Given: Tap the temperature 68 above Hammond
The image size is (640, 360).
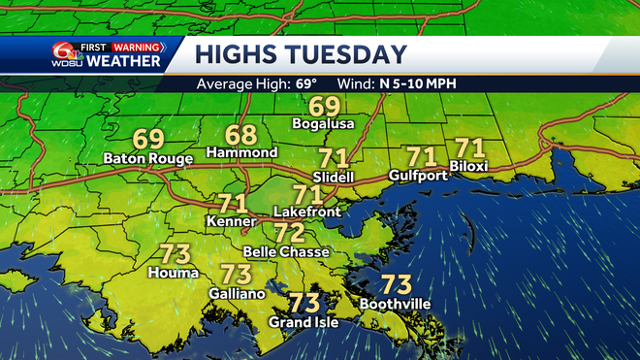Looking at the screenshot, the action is (x=242, y=135).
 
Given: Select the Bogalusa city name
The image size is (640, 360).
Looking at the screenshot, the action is (x=324, y=124).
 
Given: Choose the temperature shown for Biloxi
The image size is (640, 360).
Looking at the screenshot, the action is (x=469, y=148).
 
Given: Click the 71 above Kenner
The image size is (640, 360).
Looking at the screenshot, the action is (x=232, y=205).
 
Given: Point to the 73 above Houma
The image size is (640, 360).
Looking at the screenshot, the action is (x=173, y=254).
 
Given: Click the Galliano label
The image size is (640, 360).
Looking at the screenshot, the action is (x=236, y=293).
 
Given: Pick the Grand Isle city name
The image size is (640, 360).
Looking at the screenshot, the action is (x=304, y=322).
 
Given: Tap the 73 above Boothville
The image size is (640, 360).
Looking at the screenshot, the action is (x=396, y=285).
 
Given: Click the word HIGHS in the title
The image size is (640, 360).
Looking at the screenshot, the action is (x=234, y=53).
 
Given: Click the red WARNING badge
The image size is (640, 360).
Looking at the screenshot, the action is (x=135, y=46).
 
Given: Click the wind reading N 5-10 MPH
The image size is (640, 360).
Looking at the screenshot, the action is (x=418, y=83).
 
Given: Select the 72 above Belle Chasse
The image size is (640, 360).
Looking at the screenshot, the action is (x=289, y=233).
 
